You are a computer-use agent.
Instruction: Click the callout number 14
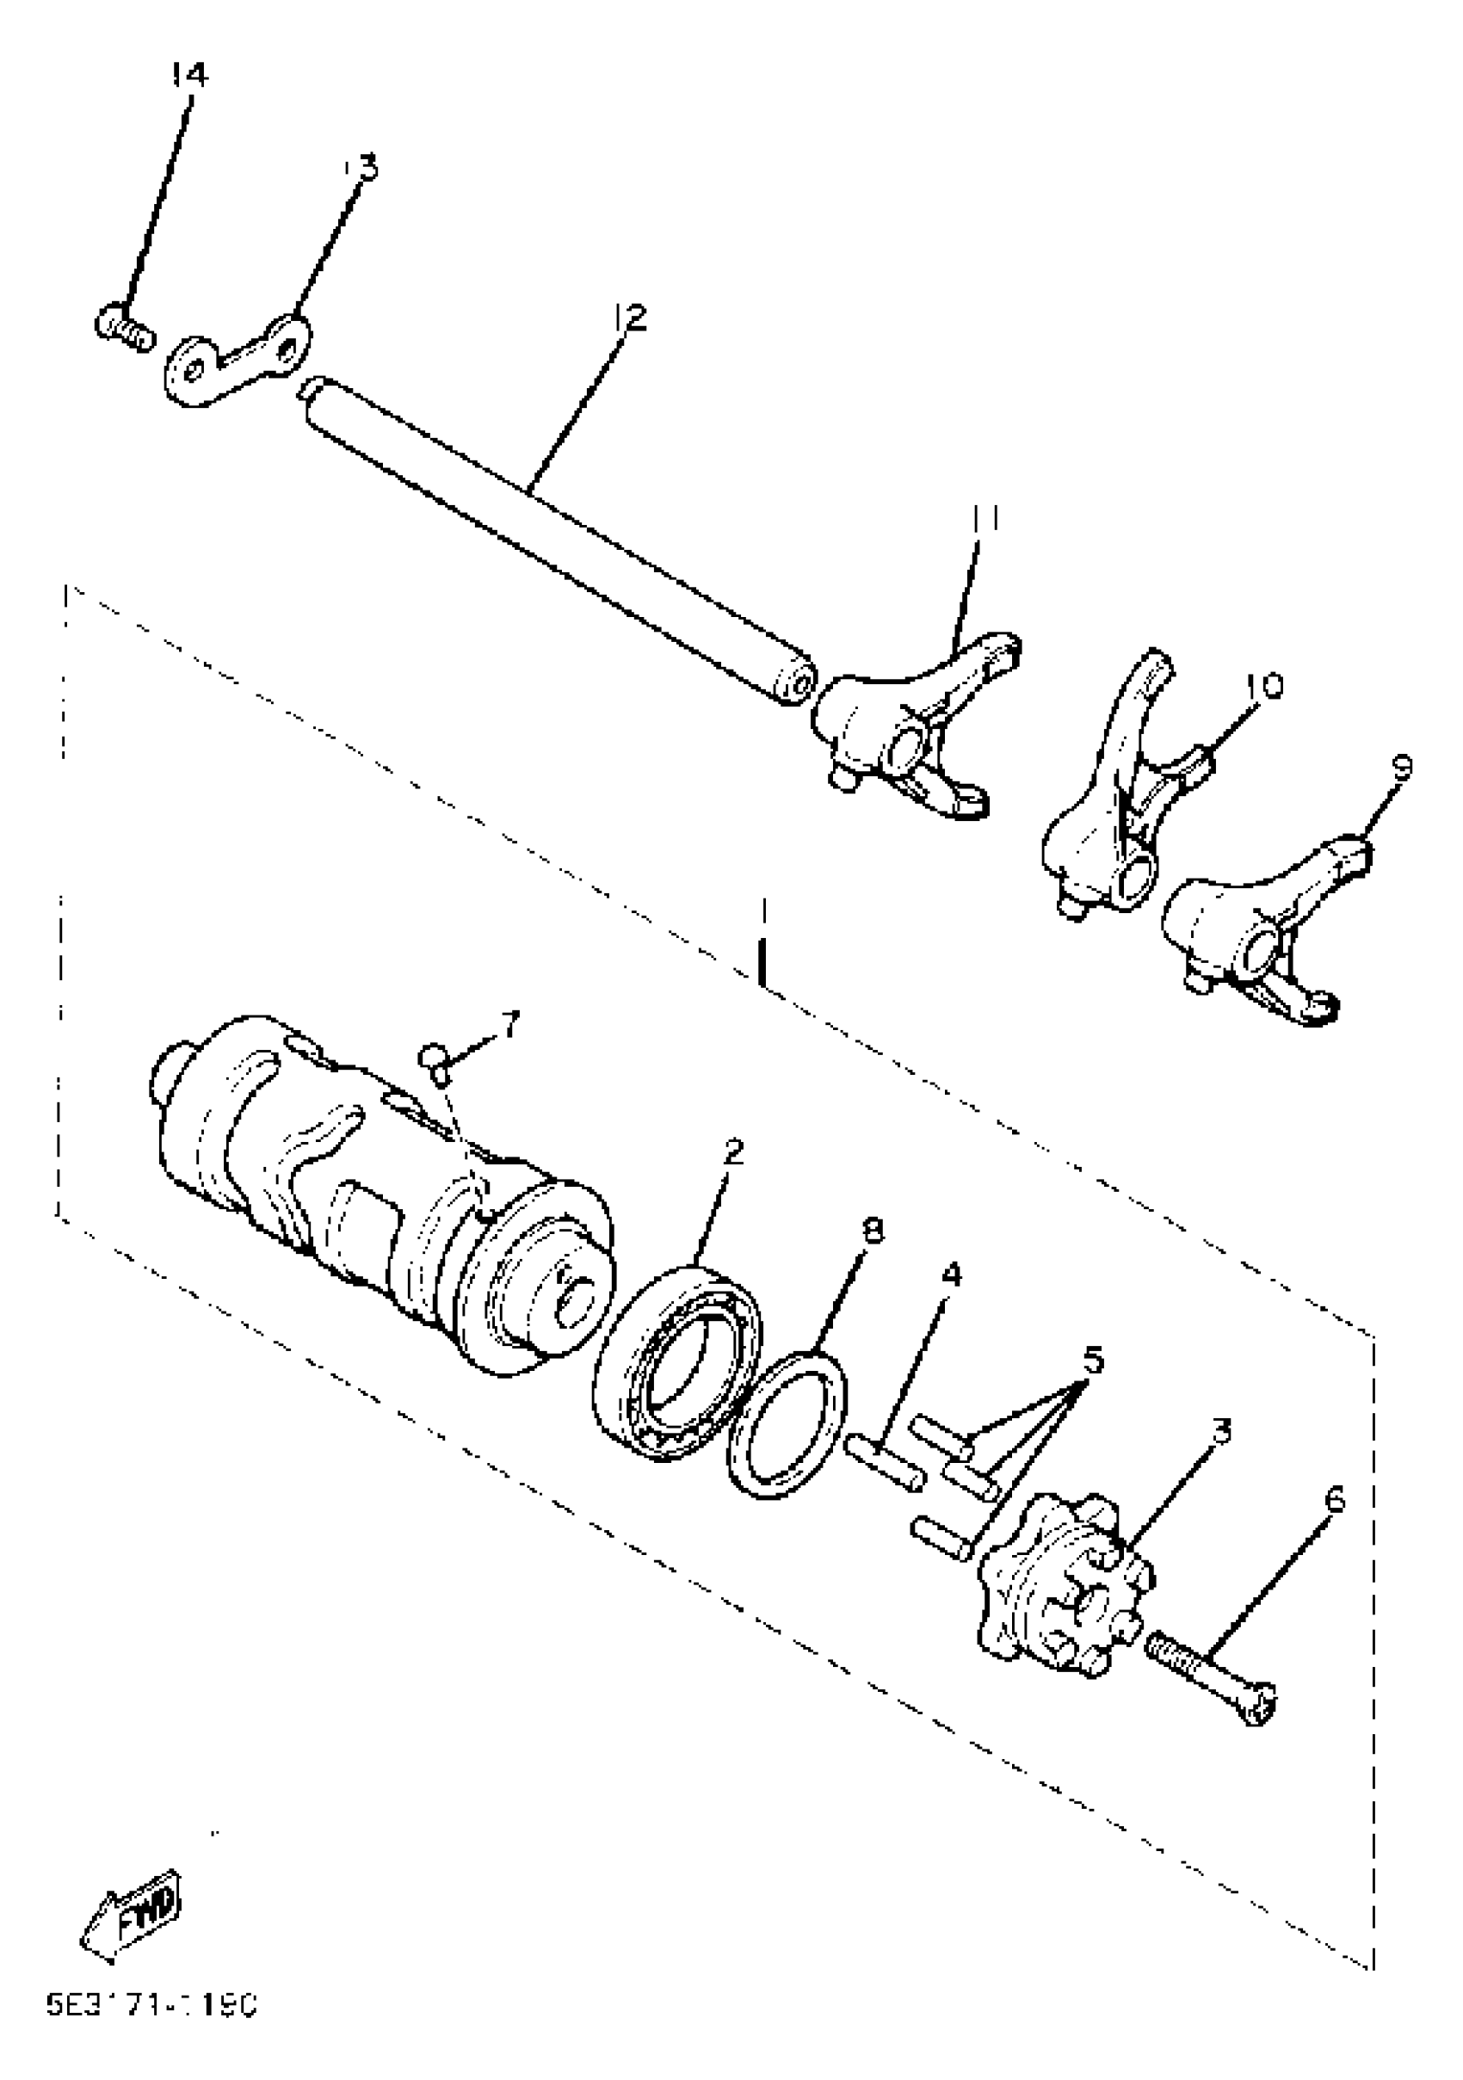(x=189, y=76)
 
